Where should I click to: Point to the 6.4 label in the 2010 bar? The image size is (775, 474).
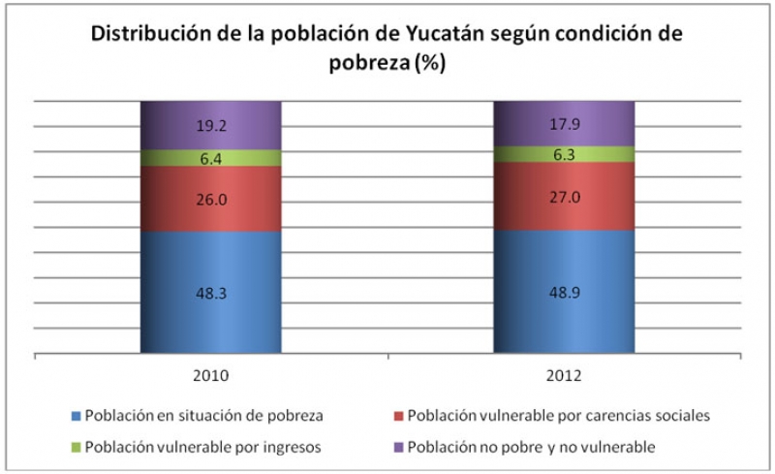211,158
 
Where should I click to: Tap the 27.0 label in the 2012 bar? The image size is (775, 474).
565,196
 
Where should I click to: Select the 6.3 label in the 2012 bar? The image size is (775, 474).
565,154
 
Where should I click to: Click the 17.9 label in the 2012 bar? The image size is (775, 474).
565,123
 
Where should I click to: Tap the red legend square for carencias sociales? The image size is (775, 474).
397,416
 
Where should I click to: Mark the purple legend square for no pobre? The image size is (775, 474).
397,447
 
